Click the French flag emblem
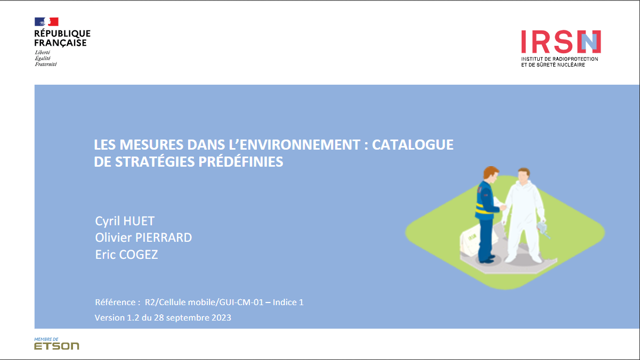(46, 22)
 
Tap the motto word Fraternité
(46, 64)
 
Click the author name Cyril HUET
(124, 220)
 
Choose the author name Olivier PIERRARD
(143, 238)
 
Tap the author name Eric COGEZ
(126, 255)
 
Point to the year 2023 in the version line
(221, 318)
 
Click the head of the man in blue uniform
(490, 174)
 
